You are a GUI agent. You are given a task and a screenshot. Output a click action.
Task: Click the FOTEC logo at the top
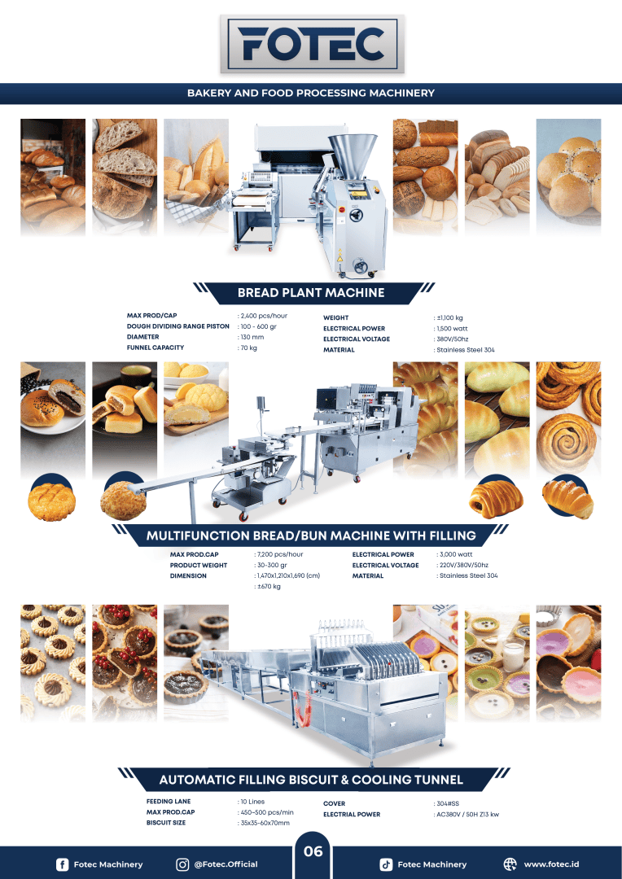tap(310, 44)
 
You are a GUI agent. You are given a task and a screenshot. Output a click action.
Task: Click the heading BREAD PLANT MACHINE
tap(310, 292)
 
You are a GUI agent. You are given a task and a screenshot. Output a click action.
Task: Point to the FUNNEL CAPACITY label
tap(155, 348)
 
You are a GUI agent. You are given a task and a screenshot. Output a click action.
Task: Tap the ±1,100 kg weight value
tap(449, 318)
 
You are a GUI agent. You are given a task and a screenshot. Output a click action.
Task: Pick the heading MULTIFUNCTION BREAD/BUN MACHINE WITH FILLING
tap(310, 536)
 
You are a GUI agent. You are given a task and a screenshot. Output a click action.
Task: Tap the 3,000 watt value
tap(456, 554)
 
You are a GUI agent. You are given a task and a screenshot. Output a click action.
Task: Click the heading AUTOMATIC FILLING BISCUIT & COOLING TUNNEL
tap(310, 780)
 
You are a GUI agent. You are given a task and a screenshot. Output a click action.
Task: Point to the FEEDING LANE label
tap(169, 802)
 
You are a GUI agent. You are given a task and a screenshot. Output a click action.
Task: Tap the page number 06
tap(313, 852)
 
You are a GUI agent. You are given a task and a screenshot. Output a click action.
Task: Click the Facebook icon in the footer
tap(62, 864)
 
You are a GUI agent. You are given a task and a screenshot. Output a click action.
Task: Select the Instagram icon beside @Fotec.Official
tap(183, 864)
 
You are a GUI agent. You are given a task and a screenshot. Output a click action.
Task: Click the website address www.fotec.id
tap(551, 864)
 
